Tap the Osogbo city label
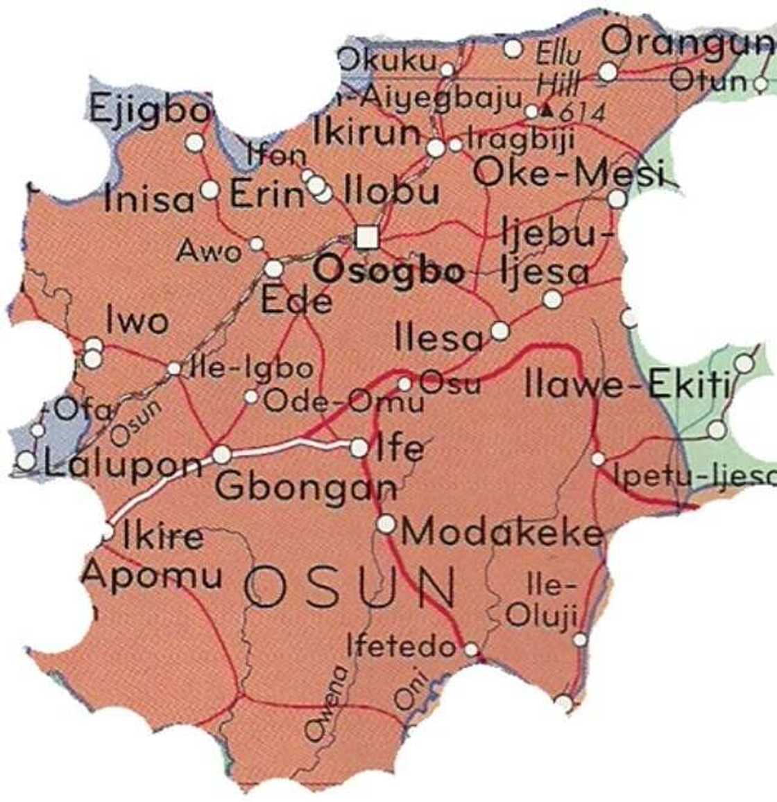(388, 271)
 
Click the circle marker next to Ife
(359, 448)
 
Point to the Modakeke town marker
(386, 524)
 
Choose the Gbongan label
(305, 487)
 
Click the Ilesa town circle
(499, 331)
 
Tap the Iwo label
(137, 321)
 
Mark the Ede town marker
(274, 268)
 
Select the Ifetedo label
(402, 647)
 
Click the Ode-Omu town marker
(251, 397)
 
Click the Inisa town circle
(210, 189)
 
